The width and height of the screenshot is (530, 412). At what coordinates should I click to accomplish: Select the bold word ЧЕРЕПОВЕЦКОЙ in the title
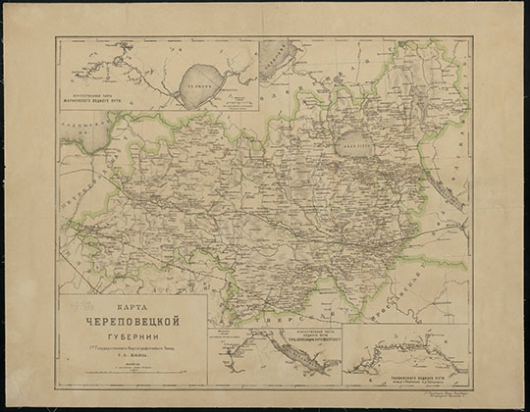pyautogui.click(x=132, y=319)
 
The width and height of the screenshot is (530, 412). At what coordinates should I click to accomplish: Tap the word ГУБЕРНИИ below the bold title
pyautogui.click(x=132, y=333)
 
